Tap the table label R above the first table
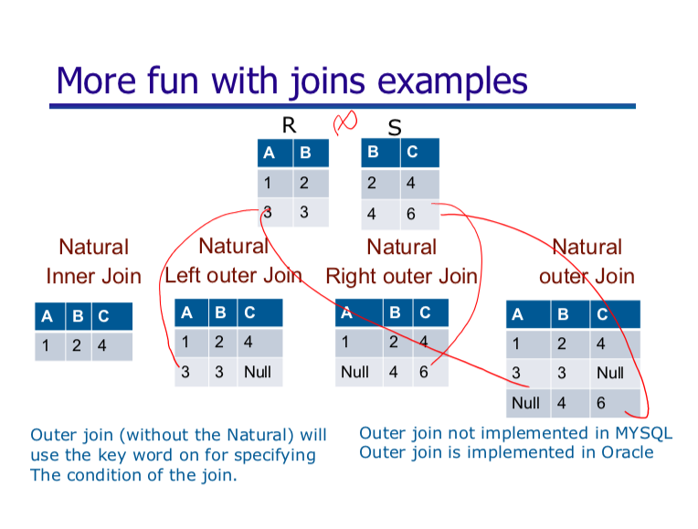289,128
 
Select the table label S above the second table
395,129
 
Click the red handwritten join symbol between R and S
345,122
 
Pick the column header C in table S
412,153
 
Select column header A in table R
268,153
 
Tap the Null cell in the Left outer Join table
257,372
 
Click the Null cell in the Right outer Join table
354,372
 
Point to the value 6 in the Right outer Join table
423,372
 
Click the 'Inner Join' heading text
94,275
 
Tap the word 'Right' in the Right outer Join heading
352,275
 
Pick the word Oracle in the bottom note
626,451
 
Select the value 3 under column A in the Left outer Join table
185,372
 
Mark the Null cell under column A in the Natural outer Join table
525,402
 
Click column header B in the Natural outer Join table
562,315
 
